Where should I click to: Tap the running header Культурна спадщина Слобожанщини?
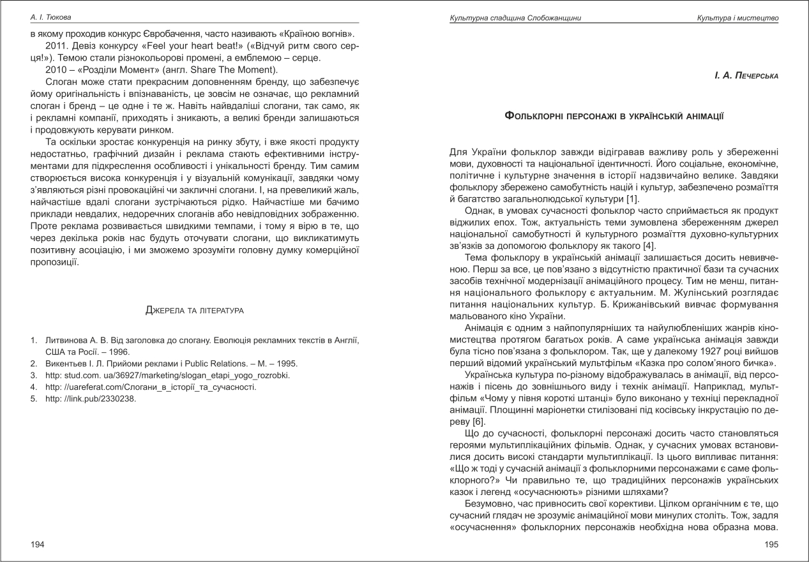click(x=515, y=17)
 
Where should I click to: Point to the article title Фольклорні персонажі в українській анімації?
click(x=614, y=116)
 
